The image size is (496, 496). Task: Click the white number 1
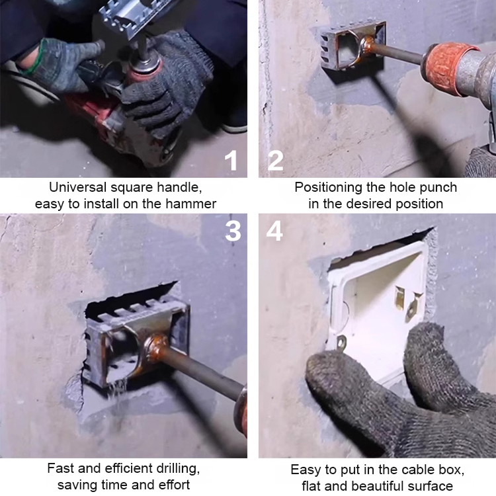[231, 161]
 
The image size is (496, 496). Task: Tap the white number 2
[276, 161]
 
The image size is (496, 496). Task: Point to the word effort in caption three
[174, 485]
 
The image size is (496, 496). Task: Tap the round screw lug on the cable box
[342, 342]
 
